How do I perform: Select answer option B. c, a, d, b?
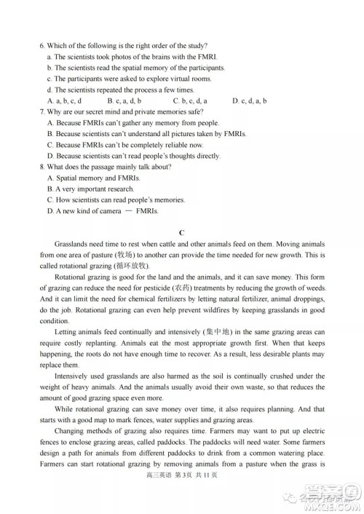pyautogui.click(x=124, y=100)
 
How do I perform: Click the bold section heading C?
pyautogui.click(x=182, y=232)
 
